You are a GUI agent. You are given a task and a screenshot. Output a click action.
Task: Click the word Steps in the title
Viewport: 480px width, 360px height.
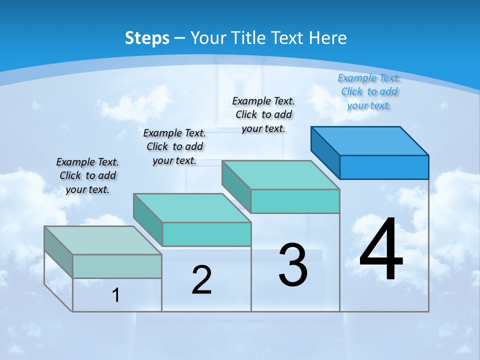click(147, 38)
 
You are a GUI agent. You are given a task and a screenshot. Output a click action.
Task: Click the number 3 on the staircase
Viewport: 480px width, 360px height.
click(293, 265)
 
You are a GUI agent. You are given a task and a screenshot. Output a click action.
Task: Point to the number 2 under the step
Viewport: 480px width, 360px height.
click(201, 279)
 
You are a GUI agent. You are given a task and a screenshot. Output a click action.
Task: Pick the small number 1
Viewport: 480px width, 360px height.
click(116, 295)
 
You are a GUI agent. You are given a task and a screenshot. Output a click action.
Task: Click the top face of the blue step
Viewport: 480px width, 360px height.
click(370, 140)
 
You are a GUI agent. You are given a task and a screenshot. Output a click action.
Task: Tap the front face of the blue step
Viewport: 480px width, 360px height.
click(384, 167)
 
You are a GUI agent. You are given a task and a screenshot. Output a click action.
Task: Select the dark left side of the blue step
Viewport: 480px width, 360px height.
click(325, 151)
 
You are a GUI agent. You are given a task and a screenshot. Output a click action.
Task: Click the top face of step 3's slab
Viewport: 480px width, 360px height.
click(280, 175)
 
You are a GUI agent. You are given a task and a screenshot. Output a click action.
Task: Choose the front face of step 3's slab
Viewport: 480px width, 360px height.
click(295, 201)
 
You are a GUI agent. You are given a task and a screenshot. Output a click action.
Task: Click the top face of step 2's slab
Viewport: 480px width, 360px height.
click(192, 208)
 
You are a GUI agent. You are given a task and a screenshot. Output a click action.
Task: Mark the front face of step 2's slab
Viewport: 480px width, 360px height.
click(206, 234)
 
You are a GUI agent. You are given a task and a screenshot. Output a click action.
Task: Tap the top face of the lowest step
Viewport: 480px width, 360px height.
click(103, 240)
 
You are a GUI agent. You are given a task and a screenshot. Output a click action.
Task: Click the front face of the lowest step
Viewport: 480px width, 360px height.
click(117, 266)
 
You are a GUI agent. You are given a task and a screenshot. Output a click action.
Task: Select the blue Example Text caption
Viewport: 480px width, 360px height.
click(369, 91)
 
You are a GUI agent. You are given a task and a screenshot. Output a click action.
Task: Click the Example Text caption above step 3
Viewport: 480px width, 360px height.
click(263, 114)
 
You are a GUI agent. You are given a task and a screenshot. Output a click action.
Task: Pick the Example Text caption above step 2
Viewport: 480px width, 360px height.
click(174, 146)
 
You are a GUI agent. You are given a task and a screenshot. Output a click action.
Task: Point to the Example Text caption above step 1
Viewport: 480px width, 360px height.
click(87, 175)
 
